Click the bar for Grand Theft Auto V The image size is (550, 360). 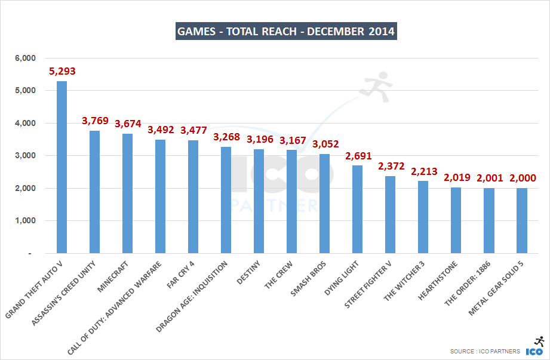click(x=62, y=167)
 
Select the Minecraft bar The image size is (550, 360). click(x=127, y=193)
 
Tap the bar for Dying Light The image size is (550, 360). click(x=357, y=210)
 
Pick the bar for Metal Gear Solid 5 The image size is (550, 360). click(x=521, y=220)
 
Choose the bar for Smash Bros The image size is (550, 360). click(x=324, y=204)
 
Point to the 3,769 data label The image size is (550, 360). click(x=95, y=121)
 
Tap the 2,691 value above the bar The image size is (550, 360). click(x=358, y=156)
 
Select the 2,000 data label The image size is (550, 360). click(x=522, y=179)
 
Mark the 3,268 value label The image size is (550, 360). click(x=226, y=137)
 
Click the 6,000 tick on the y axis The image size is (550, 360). click(x=26, y=58)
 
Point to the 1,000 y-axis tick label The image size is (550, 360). click(x=26, y=220)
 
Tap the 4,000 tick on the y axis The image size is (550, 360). click(x=26, y=123)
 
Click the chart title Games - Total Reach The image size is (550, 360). click(x=286, y=31)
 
